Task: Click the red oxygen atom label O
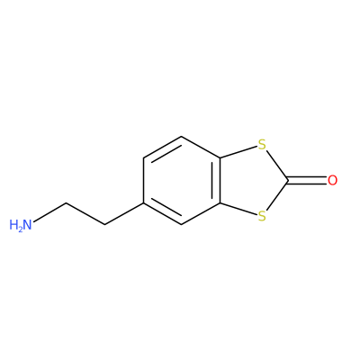coord(332,180)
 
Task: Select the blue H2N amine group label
coord(21,225)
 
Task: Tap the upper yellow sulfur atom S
coord(262,145)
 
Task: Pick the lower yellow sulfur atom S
coord(262,216)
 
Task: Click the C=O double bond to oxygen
coord(307,180)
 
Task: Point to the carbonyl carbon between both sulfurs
coord(288,180)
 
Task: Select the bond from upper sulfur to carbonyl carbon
coord(277,165)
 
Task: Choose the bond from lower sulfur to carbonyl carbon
coord(277,195)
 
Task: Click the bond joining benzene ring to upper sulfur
coord(238,152)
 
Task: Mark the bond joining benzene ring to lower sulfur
coord(238,209)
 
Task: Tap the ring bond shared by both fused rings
coord(220,180)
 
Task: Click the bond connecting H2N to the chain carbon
coord(49,212)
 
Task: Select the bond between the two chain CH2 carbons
coord(85,214)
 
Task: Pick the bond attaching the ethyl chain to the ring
coord(124,214)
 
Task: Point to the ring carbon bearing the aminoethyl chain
coord(144,203)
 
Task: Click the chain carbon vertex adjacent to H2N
coord(67,203)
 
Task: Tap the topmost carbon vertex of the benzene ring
coord(182,136)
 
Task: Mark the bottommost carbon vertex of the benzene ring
coord(182,225)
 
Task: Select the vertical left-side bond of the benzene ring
coord(144,180)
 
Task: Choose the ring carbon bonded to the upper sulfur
coord(220,157)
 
